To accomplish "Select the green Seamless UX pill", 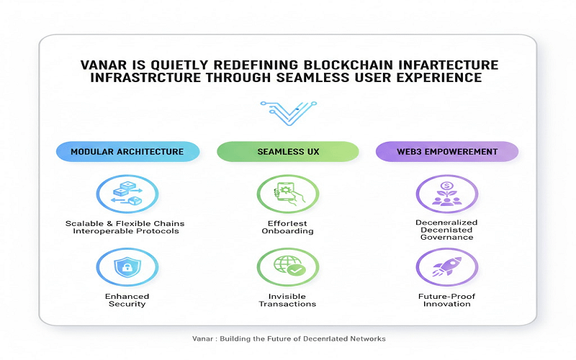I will [x=287, y=151].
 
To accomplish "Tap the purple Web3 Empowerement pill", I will [x=447, y=151].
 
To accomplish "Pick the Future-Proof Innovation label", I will [x=448, y=300].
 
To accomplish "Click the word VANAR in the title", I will [x=104, y=66].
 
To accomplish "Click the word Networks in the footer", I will [x=364, y=338].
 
